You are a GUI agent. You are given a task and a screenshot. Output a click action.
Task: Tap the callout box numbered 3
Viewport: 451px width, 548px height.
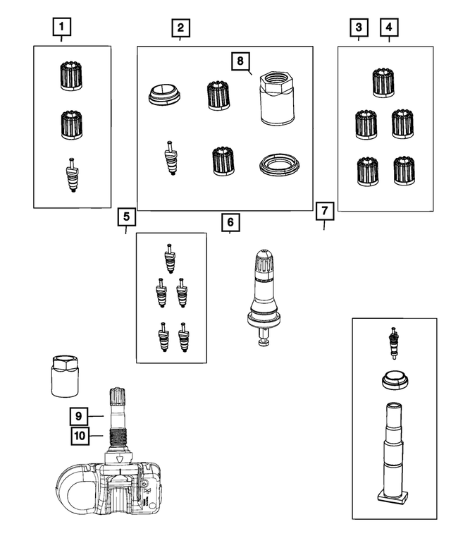(359, 28)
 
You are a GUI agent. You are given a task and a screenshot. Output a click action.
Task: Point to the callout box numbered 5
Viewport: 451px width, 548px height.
(125, 216)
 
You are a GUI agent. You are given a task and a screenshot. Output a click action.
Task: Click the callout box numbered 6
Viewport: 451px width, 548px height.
(230, 222)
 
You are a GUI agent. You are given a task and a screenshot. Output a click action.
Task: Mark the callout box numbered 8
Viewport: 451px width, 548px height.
(240, 61)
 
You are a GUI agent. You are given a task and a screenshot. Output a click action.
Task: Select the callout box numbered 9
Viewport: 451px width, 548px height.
(79, 416)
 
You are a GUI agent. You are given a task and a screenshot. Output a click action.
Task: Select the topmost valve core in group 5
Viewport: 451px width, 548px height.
(169, 257)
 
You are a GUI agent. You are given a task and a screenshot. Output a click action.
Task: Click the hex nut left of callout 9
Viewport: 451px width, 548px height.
(62, 377)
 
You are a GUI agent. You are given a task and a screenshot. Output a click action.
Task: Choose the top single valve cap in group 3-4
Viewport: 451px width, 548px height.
(383, 82)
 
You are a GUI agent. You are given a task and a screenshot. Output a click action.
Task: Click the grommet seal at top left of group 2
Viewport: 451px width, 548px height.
(163, 94)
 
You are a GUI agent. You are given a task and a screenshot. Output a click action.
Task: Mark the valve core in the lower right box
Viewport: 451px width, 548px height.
(393, 343)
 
